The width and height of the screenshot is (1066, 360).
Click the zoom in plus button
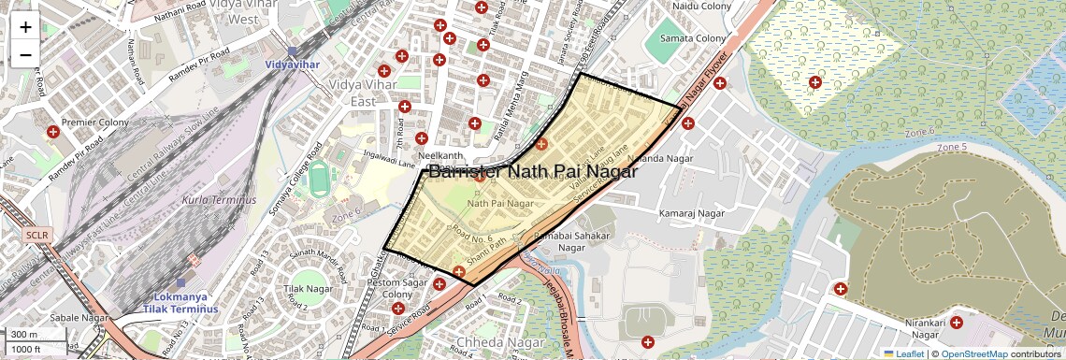tap(25, 26)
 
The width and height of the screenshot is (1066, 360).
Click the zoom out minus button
tap(25, 55)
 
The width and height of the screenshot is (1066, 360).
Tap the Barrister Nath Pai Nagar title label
tap(532, 172)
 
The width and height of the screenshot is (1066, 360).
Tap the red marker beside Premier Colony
tap(52, 133)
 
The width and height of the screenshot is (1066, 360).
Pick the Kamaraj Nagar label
tap(692, 214)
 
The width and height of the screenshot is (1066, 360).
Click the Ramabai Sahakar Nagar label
tap(571, 242)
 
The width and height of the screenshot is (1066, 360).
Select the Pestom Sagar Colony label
tap(396, 288)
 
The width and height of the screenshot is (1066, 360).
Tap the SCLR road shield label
tap(37, 235)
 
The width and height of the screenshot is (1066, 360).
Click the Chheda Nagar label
tap(489, 342)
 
